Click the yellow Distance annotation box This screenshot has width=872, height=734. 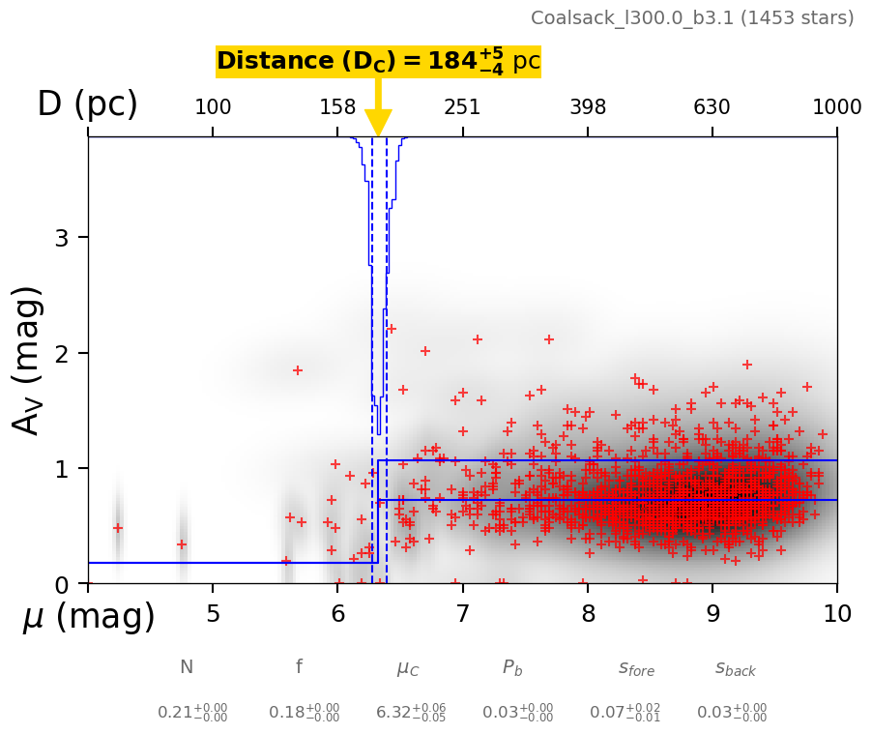pos(378,61)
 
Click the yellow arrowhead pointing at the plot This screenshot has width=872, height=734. pos(378,123)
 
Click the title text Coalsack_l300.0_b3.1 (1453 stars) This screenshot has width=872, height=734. pos(692,17)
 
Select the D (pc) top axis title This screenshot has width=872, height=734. pos(87,104)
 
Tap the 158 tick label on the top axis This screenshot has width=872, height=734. pos(337,107)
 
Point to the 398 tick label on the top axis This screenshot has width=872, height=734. pos(588,107)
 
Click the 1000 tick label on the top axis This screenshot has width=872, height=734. pos(836,107)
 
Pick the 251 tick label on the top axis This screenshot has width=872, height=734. pos(462,107)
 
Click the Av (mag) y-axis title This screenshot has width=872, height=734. pos(29,360)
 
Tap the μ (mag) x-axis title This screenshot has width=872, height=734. pos(89,617)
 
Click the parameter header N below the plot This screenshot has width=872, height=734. pos(187,667)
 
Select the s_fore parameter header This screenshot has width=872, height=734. pos(636,668)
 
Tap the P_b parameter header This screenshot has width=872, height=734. pos(512,667)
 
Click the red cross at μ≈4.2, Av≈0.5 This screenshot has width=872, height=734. pos(118,528)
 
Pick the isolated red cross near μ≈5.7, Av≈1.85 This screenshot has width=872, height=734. pos(298,370)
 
